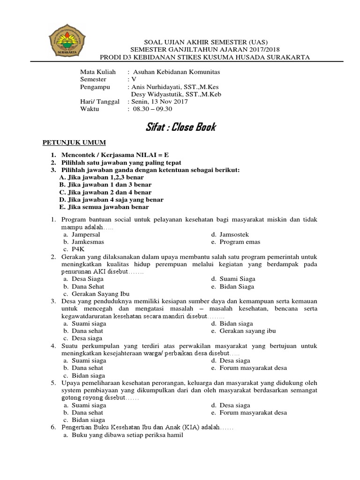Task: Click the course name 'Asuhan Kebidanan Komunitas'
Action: click(176, 73)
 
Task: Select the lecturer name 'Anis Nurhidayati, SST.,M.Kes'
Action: click(174, 87)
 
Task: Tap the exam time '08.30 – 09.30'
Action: click(153, 109)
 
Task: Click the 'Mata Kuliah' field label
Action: click(97, 73)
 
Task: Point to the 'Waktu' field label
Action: click(90, 109)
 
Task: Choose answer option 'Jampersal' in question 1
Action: click(86, 234)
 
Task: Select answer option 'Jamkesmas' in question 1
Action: click(88, 242)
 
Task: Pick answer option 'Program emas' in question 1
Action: click(239, 242)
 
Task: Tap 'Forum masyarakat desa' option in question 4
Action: click(253, 368)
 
